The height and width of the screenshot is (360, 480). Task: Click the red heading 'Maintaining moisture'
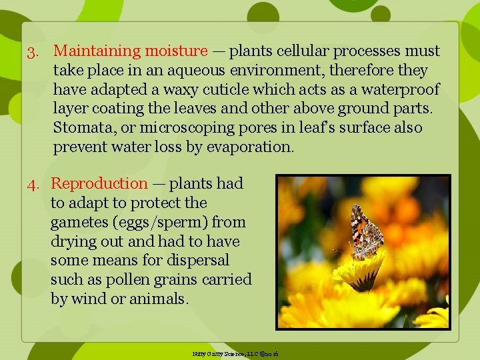(x=131, y=51)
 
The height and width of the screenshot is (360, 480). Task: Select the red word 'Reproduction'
(x=99, y=183)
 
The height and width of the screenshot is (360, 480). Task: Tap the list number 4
(x=33, y=184)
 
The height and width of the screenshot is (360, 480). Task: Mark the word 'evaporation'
(x=249, y=147)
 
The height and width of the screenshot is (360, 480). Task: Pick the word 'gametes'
(x=78, y=222)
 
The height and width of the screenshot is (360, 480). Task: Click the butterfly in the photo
(x=365, y=233)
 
